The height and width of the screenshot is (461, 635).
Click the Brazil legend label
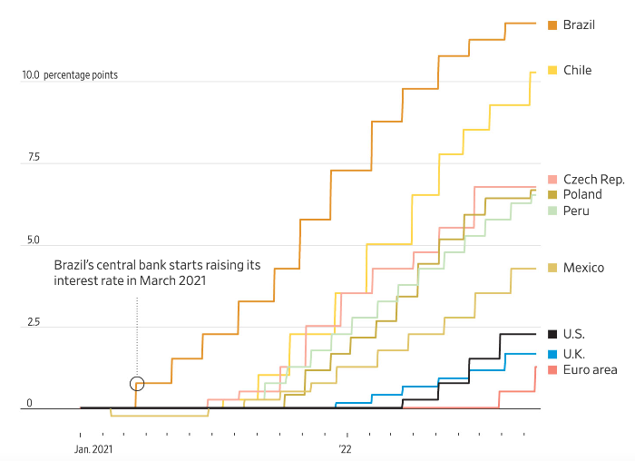point(579,25)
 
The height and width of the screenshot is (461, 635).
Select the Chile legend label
point(577,70)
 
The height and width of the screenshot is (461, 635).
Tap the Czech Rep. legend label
point(593,180)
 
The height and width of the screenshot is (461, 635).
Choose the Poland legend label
point(582,194)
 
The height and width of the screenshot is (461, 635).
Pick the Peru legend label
point(576,211)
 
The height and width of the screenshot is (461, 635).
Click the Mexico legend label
point(583,268)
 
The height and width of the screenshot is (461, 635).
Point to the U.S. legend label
point(574,334)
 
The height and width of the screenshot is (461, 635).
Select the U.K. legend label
point(574,353)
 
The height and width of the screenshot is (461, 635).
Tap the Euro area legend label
point(590,369)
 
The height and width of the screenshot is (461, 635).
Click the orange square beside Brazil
point(552,25)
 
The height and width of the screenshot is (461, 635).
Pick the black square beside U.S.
point(552,334)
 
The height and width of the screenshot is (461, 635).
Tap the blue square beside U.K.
point(552,353)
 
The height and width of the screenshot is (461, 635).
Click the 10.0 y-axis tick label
point(31,75)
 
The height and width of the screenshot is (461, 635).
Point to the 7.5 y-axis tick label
point(34,158)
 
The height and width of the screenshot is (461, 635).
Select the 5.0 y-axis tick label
point(34,240)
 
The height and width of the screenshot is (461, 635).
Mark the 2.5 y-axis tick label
point(34,323)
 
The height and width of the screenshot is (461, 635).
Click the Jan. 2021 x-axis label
point(93,448)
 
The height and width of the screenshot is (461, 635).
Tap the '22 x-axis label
point(345,448)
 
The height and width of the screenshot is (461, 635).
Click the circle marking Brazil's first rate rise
point(137,384)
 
